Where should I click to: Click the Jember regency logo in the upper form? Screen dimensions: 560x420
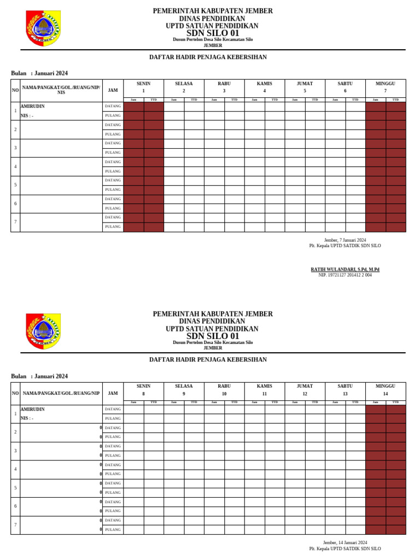(x=43, y=28)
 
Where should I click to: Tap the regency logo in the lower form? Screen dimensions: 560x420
(x=43, y=331)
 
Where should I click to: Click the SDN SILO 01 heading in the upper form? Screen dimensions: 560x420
(x=213, y=33)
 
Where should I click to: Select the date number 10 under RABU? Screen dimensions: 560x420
(x=224, y=394)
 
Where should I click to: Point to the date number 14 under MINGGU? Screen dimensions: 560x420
(x=386, y=394)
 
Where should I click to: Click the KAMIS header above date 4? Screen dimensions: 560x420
(x=265, y=84)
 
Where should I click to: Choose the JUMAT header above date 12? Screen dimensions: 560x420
(x=305, y=387)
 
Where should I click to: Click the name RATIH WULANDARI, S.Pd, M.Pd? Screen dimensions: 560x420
(x=345, y=270)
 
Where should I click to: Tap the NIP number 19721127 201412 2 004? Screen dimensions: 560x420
(x=345, y=275)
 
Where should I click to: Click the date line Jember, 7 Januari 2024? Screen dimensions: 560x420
(x=345, y=240)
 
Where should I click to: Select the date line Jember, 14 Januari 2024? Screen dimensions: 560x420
(x=345, y=542)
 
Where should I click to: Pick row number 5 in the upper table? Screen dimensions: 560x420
(x=15, y=185)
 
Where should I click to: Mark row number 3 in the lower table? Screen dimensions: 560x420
(x=15, y=451)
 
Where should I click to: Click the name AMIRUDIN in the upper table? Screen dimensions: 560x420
(x=33, y=106)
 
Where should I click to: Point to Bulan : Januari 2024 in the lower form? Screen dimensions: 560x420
(x=39, y=376)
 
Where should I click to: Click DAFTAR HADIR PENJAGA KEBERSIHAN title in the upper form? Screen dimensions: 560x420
(x=208, y=57)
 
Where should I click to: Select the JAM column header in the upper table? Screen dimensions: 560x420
(x=113, y=90)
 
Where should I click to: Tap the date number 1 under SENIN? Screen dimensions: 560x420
(x=144, y=91)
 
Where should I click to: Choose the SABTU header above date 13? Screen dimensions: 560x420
(x=345, y=387)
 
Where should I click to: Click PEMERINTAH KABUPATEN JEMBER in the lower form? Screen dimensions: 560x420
(x=213, y=314)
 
